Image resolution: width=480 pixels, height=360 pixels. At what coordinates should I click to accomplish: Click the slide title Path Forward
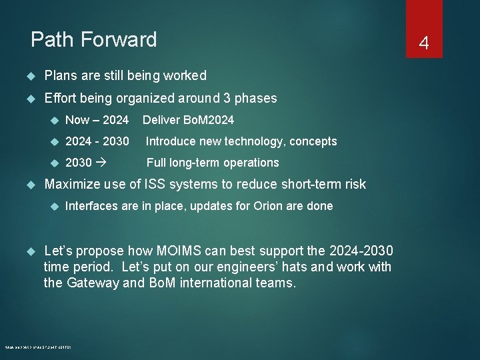pyautogui.click(x=94, y=40)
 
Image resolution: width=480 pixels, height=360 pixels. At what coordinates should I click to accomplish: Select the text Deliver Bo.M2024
pyautogui.click(x=188, y=120)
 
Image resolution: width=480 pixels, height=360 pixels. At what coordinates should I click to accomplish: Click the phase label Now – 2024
pyautogui.click(x=97, y=120)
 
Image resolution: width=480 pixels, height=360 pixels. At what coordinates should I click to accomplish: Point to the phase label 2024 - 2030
pyautogui.click(x=97, y=141)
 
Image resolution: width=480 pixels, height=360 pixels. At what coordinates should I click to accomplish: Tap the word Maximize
pyautogui.click(x=71, y=184)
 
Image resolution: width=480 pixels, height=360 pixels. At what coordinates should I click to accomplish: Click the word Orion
pyautogui.click(x=269, y=206)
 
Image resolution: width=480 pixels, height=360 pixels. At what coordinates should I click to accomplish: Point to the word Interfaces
pyautogui.click(x=91, y=206)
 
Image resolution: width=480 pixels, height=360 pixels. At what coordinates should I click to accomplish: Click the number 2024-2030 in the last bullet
pyautogui.click(x=361, y=251)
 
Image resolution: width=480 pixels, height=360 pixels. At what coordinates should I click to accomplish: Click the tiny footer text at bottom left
pyautogui.click(x=38, y=347)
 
